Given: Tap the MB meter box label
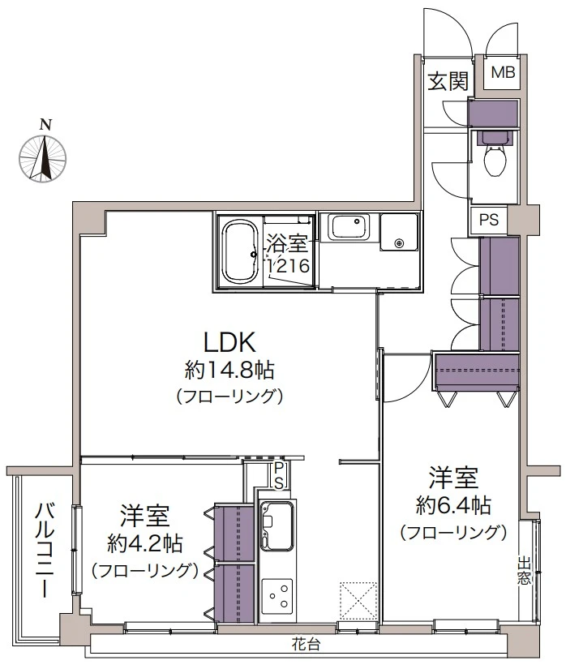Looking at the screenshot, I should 503,73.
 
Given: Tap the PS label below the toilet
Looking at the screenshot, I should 488,219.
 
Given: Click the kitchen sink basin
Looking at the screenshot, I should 277,521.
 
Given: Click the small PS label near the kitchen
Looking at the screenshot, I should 277,476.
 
